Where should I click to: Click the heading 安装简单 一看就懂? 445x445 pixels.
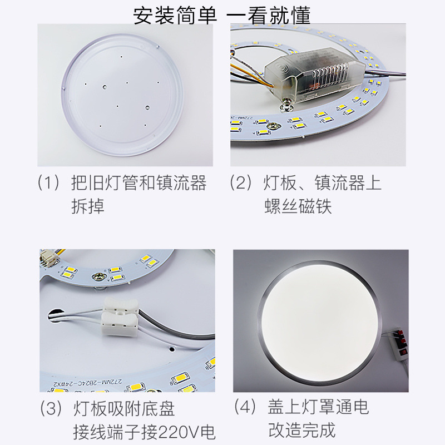click(x=221, y=16)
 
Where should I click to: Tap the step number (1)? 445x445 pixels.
click(x=48, y=183)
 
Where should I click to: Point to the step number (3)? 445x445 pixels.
click(x=51, y=409)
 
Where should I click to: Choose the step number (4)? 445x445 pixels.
click(x=245, y=407)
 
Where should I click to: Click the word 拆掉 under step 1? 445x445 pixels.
click(x=88, y=206)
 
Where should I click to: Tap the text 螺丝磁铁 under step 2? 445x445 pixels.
click(x=298, y=206)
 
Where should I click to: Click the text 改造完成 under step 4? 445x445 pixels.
click(x=302, y=430)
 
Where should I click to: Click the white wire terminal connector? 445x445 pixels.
click(x=120, y=317)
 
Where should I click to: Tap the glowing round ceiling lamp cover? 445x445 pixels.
click(x=319, y=323)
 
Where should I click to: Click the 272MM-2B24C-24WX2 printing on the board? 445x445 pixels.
click(x=87, y=382)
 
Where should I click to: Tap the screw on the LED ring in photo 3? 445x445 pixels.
click(x=98, y=276)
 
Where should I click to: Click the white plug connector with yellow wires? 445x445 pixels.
click(x=48, y=258)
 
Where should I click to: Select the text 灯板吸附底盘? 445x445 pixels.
click(x=124, y=409)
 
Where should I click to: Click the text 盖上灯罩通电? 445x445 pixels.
click(x=319, y=407)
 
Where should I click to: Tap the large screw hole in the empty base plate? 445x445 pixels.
click(x=105, y=86)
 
